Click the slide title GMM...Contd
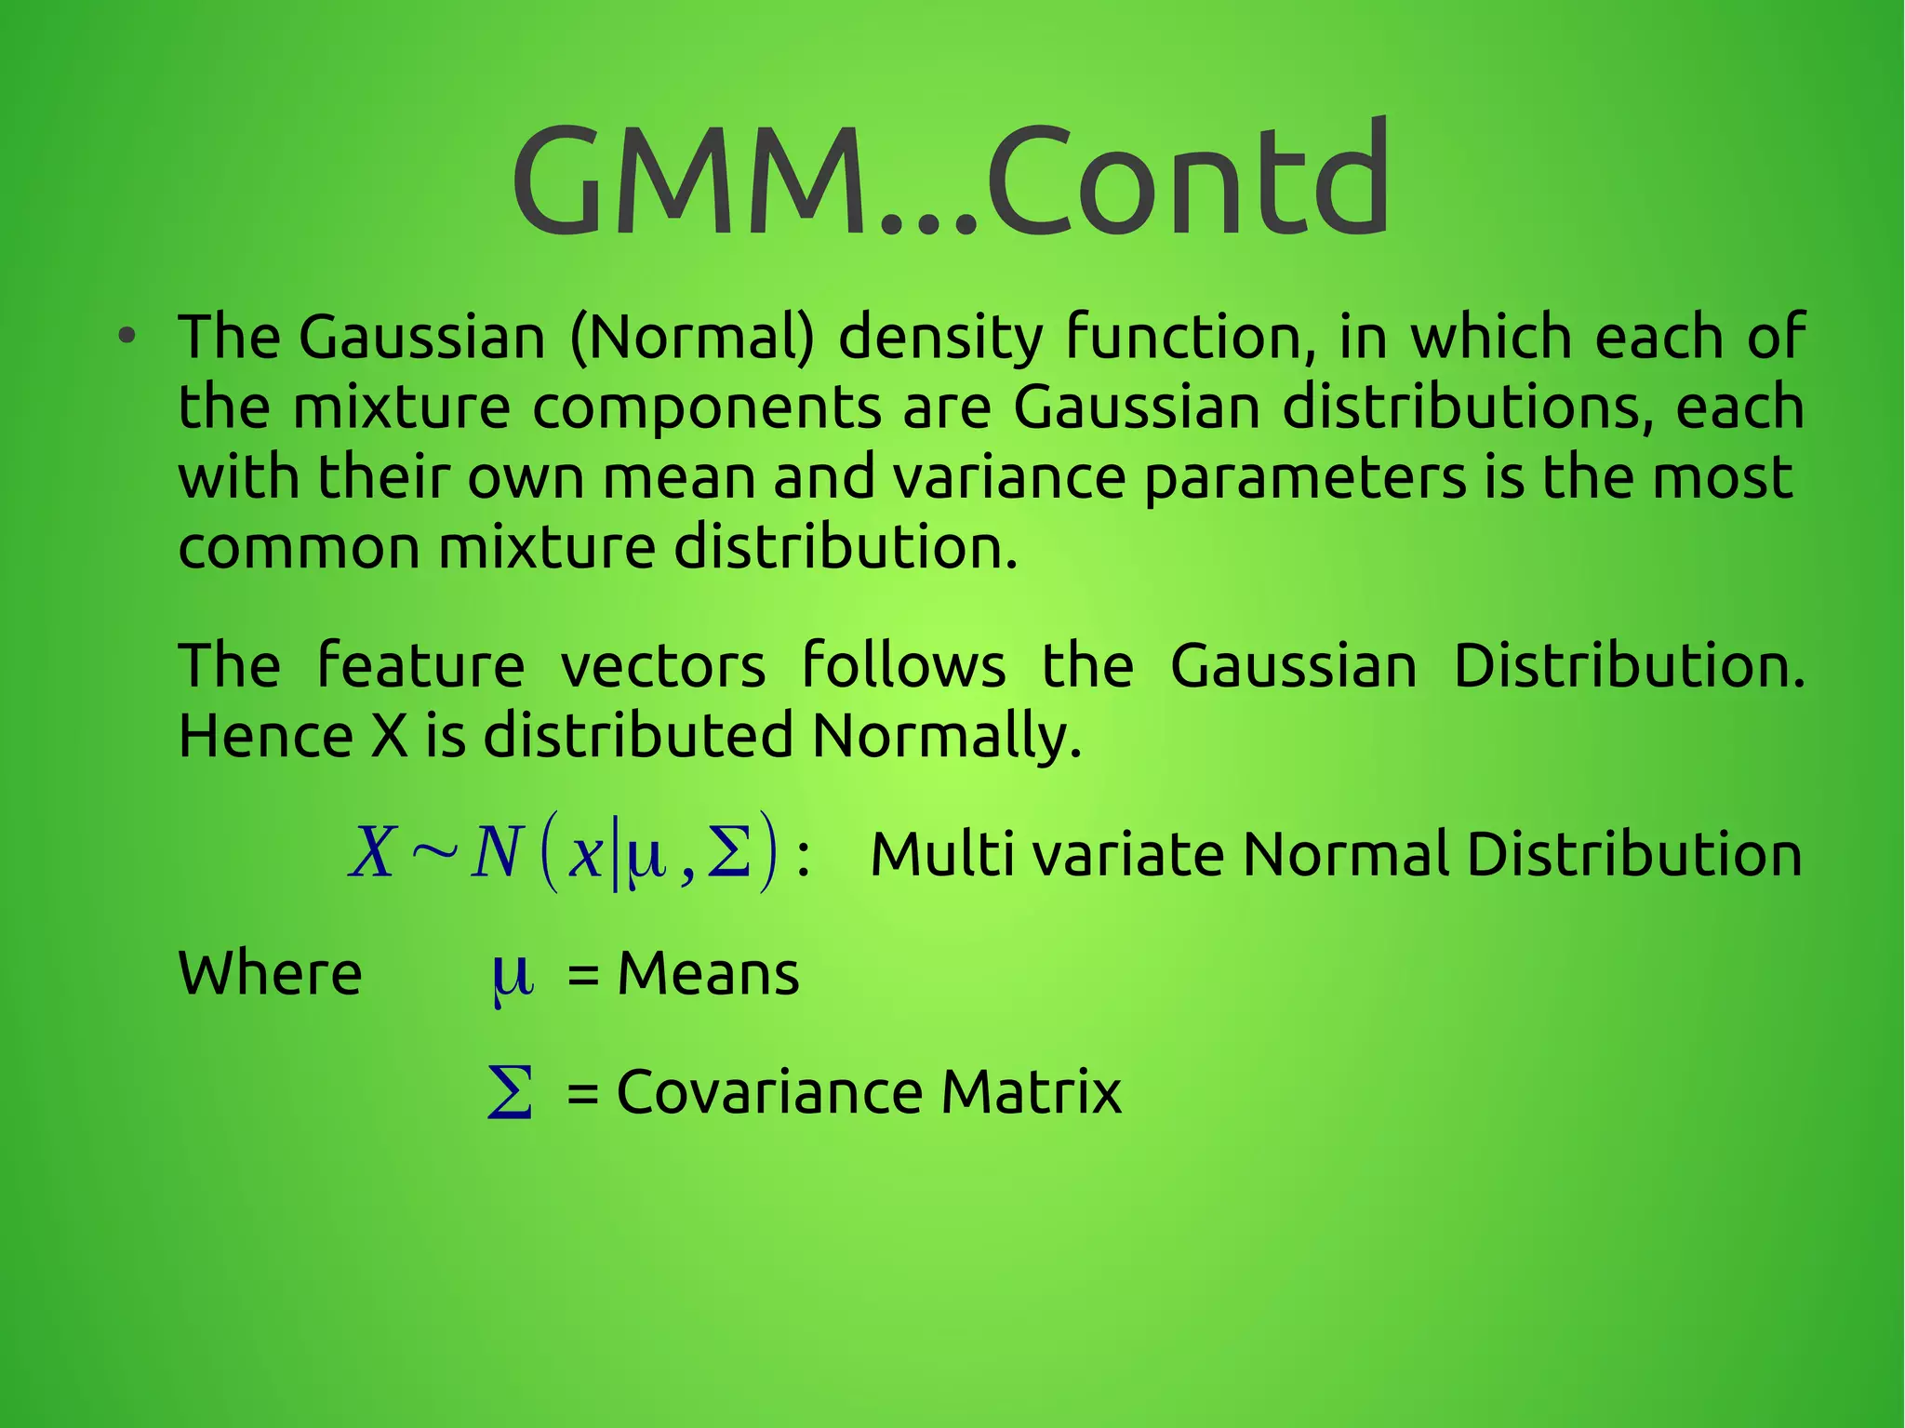tap(951, 181)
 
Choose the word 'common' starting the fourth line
tap(299, 548)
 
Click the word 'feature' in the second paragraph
tap(420, 666)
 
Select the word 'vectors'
tap(663, 667)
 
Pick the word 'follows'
tap(903, 666)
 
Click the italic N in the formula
tap(495, 853)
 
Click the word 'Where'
tap(270, 974)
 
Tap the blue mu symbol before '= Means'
tap(512, 978)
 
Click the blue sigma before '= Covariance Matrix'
tap(511, 1092)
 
